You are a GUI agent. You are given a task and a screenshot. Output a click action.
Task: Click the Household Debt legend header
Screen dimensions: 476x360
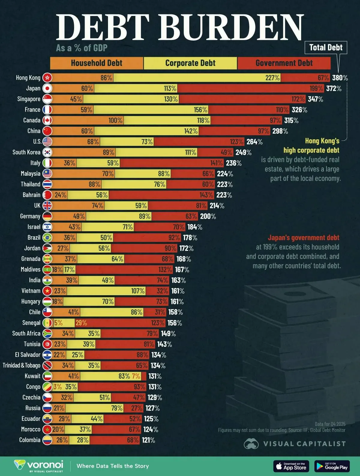pos(97,63)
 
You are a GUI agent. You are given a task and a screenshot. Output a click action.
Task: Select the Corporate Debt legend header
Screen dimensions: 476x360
pos(190,63)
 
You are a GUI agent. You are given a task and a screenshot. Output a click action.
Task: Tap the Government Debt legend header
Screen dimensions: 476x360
pos(284,63)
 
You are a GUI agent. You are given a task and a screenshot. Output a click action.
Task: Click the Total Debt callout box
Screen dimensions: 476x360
pos(326,47)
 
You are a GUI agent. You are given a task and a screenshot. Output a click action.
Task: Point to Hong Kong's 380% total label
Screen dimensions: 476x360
pos(340,78)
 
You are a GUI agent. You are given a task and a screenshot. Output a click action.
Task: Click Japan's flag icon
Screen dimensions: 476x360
pos(47,88)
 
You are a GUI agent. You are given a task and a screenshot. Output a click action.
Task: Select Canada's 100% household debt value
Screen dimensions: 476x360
pos(115,120)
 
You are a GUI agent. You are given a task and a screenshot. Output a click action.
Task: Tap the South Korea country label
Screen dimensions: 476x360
pos(26,152)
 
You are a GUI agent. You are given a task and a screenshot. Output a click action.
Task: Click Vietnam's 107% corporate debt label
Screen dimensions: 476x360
pos(138,291)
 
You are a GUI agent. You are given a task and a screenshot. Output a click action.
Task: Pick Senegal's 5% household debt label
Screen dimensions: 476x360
pos(58,323)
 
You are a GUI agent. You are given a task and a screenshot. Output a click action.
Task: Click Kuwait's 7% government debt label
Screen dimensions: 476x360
pos(136,376)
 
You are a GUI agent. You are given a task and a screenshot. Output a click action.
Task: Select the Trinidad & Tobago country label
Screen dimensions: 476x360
pos(21,365)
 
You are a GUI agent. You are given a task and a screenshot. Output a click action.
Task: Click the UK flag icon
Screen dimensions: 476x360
pos(47,206)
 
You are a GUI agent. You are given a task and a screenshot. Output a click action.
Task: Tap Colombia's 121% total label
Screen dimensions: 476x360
pos(148,440)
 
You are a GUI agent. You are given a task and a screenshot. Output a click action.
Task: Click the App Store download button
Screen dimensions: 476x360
pos(291,466)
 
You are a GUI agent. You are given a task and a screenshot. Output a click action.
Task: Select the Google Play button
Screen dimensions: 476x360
pos(332,466)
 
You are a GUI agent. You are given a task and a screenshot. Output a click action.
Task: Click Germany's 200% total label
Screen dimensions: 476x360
pos(208,216)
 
